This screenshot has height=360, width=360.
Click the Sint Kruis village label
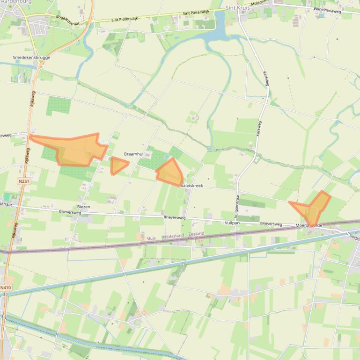237,8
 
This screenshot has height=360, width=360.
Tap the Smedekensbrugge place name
31,58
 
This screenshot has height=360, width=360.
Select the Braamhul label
134,154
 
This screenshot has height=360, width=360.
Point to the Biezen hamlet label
84,206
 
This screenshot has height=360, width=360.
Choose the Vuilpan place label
232,223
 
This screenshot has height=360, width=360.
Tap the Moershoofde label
309,225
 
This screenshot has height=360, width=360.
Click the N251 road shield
23,181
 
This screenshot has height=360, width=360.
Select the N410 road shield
6,288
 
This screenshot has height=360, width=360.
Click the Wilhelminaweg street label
327,10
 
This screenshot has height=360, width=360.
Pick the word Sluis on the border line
151,238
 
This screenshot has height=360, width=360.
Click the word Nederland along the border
174,236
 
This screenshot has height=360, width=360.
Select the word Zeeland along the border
196,233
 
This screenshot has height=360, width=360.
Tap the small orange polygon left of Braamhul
118,165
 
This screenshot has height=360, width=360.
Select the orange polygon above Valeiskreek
170,173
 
